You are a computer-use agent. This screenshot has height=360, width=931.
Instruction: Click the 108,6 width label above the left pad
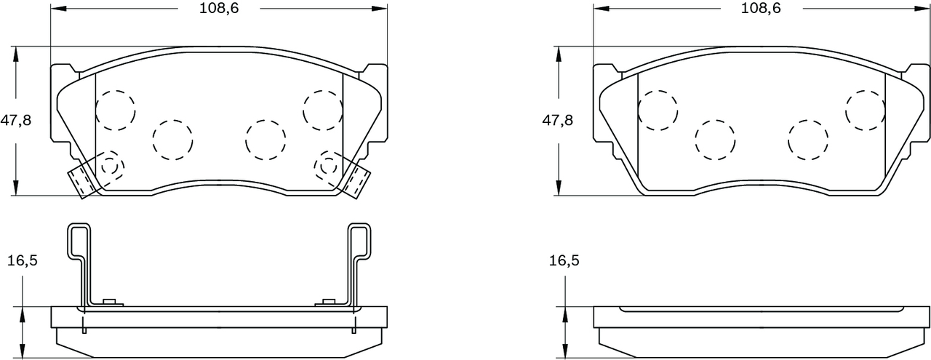tap(219, 9)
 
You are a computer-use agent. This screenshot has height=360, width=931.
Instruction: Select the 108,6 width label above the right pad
tap(761, 9)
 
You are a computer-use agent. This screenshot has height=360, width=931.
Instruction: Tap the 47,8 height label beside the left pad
tap(15, 121)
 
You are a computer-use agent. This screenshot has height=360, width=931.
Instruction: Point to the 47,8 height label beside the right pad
tap(557, 121)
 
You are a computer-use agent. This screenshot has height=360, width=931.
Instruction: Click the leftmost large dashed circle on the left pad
tap(116, 110)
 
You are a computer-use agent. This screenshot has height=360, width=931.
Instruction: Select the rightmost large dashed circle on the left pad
tap(323, 109)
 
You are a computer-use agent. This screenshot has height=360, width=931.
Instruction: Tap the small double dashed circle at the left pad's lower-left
tap(110, 166)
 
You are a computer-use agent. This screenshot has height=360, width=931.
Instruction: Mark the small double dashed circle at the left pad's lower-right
tap(328, 166)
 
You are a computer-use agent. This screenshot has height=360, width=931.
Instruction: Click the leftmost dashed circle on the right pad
tap(658, 110)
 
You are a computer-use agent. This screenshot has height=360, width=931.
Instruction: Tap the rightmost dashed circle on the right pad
tap(865, 109)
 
